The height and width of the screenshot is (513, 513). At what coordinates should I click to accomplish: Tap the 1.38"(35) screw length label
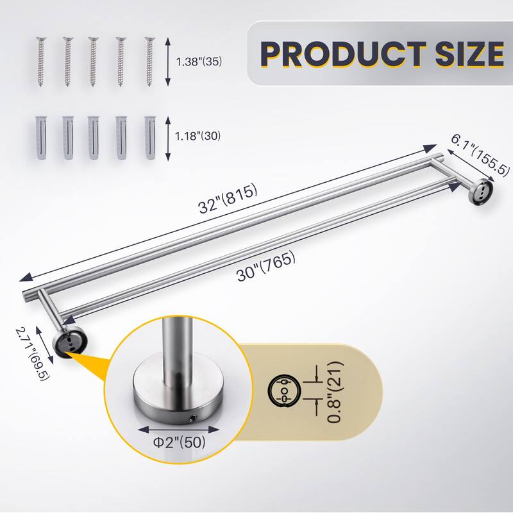[x=201, y=62]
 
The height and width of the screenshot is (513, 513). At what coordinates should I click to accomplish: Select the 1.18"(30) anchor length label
[x=199, y=136]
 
